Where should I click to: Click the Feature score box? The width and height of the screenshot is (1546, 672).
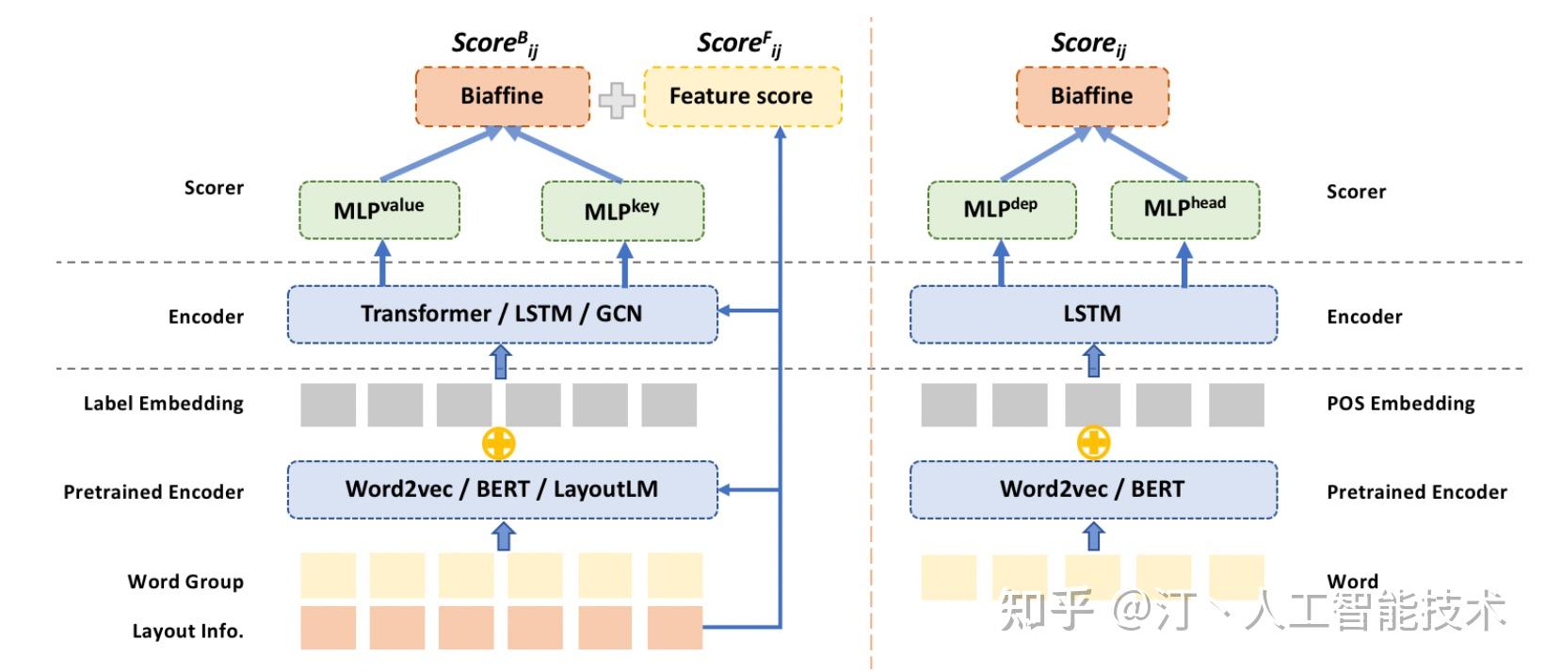click(742, 96)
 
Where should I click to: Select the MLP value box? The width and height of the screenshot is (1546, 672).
click(379, 210)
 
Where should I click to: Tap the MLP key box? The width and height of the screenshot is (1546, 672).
click(621, 210)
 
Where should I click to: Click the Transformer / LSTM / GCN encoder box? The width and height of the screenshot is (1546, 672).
click(502, 314)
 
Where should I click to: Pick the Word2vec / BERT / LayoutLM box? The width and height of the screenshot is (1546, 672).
click(502, 489)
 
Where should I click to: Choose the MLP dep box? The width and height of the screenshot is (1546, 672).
click(1001, 209)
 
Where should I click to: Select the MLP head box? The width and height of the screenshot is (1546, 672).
click(1184, 209)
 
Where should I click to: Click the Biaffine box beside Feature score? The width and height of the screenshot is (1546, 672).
click(502, 96)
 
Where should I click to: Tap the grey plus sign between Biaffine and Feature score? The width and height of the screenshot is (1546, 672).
click(617, 100)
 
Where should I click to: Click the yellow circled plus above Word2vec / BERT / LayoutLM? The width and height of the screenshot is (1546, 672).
click(499, 443)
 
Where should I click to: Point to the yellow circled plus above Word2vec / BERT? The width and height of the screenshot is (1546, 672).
click(1093, 441)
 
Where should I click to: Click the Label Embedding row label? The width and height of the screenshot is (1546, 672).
click(164, 404)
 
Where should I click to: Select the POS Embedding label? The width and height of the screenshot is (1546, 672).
click(1400, 404)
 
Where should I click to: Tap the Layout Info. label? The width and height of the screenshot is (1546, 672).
click(187, 632)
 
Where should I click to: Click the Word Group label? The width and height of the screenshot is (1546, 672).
click(185, 582)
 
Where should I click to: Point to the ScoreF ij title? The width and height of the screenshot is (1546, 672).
click(739, 44)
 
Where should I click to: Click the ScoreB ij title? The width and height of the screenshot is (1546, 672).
click(494, 44)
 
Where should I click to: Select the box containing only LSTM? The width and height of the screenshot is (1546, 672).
click(1093, 314)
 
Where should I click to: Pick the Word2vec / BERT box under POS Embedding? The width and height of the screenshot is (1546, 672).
click(1093, 489)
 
